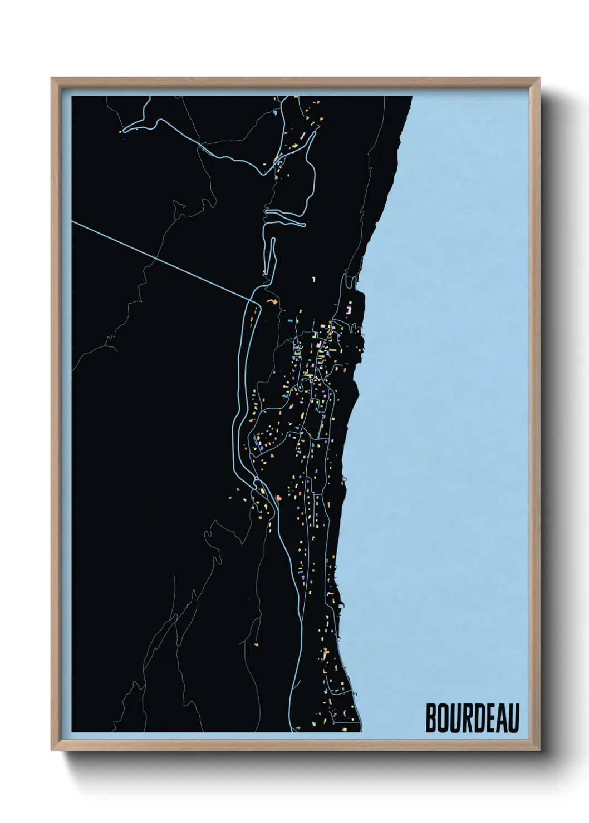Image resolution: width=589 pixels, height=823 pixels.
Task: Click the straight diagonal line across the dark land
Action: tap(161, 260)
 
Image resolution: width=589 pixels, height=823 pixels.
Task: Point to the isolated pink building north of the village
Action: tap(314, 279)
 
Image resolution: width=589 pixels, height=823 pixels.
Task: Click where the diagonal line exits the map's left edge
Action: tap(73, 221)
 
